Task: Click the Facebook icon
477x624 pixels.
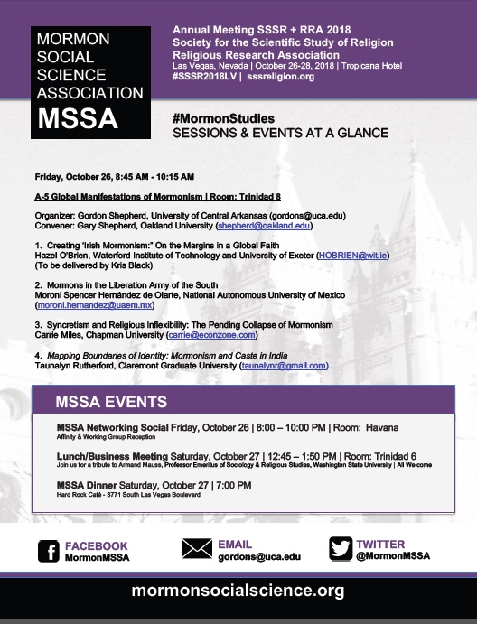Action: (50, 550)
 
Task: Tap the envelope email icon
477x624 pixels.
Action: (196, 549)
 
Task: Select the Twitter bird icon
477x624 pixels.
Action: (340, 549)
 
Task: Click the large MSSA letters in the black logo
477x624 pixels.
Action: (79, 117)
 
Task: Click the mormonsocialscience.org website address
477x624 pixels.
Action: (238, 592)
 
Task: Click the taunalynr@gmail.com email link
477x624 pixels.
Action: (283, 365)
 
